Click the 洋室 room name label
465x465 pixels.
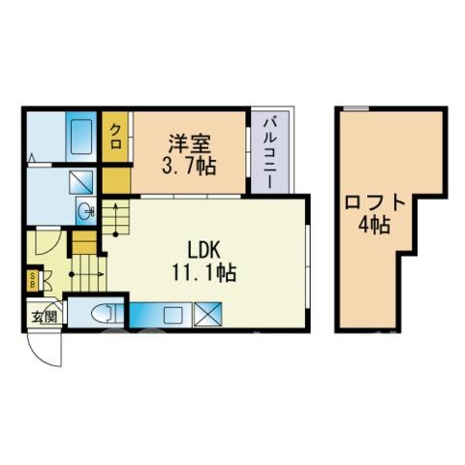(190, 143)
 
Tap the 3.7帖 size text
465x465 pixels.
(189, 167)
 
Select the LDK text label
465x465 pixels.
(204, 250)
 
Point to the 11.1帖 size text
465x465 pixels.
(204, 273)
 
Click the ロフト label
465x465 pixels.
(375, 202)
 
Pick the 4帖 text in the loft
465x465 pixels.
(374, 225)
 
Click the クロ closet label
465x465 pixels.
(115, 137)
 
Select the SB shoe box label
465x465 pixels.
(32, 280)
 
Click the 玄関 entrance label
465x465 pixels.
(45, 317)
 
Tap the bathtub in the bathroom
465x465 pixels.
(81, 137)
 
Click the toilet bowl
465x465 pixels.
(102, 314)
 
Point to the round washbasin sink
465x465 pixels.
(86, 211)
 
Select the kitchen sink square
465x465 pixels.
(172, 315)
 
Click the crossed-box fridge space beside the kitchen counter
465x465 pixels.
(207, 315)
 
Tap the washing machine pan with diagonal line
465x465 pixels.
(81, 182)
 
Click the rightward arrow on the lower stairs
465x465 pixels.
(87, 274)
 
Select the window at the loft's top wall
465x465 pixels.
(356, 108)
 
